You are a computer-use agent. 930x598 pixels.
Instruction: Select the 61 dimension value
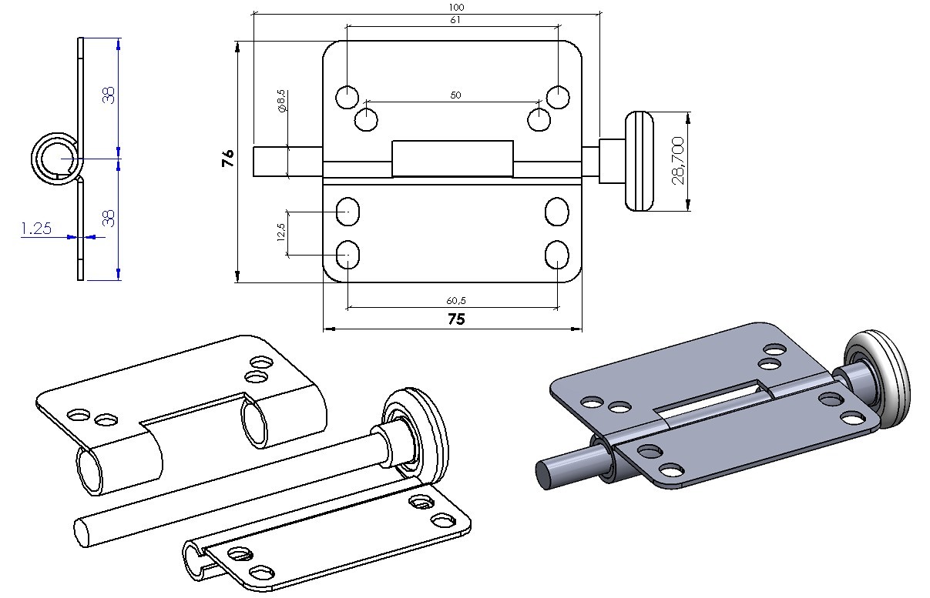click(x=455, y=20)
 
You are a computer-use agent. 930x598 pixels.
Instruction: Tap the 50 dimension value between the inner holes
click(x=455, y=95)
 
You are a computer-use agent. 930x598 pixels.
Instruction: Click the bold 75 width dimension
click(x=456, y=319)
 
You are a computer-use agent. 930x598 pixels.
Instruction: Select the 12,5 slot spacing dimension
click(x=280, y=232)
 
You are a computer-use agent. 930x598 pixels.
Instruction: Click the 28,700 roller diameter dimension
click(x=678, y=162)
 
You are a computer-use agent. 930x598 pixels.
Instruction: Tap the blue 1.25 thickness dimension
click(x=35, y=229)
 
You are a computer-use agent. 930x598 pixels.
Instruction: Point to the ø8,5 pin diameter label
click(x=281, y=101)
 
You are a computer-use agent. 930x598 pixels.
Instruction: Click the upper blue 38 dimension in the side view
click(x=109, y=95)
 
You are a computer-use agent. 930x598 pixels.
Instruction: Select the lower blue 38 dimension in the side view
click(x=109, y=219)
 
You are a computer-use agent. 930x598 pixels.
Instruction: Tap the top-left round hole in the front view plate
click(x=347, y=98)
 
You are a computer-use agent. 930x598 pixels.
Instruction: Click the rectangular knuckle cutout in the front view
click(x=452, y=159)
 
